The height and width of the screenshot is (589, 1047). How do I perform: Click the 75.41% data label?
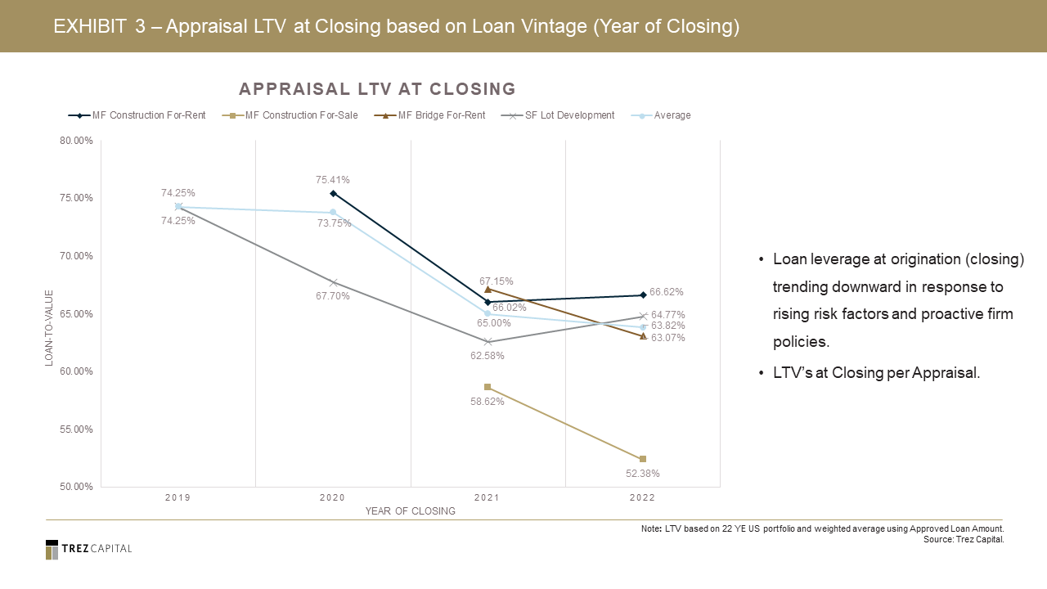333,180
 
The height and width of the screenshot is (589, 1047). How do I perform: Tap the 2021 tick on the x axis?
487,497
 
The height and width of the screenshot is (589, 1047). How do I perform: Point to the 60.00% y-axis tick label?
73,371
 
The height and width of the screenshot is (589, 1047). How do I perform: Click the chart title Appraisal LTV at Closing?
377,88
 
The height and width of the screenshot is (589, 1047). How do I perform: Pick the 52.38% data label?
643,473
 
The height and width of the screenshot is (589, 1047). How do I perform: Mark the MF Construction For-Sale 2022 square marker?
643,459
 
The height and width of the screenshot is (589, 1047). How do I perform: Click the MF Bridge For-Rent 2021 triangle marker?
488,289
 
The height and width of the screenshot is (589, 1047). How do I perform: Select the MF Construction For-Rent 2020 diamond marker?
333,193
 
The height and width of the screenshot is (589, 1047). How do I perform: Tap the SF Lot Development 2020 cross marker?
333,282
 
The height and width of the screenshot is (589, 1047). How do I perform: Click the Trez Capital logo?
88,549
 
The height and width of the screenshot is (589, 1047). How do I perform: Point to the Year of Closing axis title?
410,511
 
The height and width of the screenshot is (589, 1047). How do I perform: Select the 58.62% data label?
488,402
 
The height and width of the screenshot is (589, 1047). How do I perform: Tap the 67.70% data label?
333,296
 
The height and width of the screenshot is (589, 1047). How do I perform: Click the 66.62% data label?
667,292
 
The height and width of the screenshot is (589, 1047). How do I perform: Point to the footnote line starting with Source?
963,540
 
